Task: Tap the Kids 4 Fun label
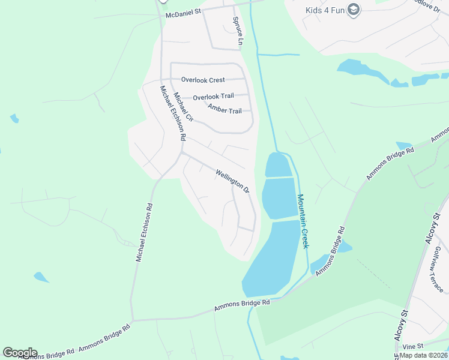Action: click(x=324, y=10)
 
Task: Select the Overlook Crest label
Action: click(x=203, y=80)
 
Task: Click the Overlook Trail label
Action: click(x=213, y=97)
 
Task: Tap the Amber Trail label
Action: click(x=224, y=109)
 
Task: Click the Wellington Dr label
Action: click(x=232, y=181)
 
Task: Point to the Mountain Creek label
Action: click(x=303, y=221)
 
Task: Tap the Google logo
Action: click(x=20, y=353)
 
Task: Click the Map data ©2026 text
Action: click(x=424, y=355)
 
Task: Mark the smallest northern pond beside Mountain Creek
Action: click(x=277, y=165)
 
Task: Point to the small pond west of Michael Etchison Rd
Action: click(x=41, y=277)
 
